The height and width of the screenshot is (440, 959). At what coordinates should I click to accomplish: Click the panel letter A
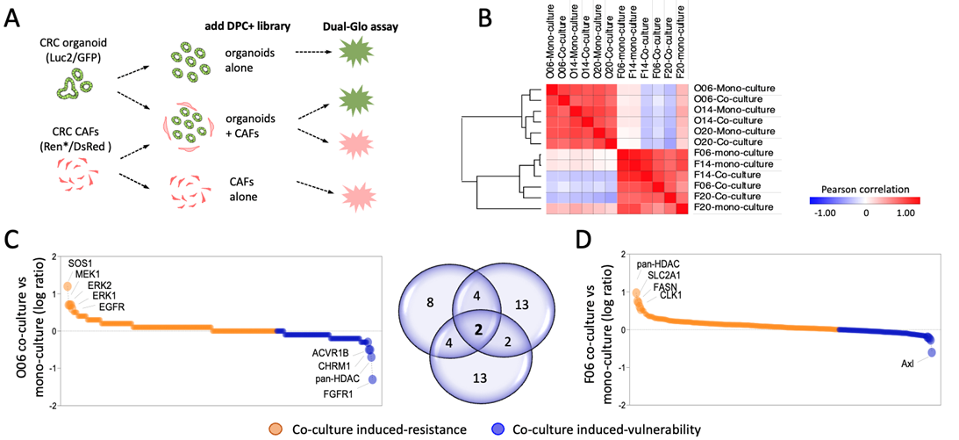[16, 17]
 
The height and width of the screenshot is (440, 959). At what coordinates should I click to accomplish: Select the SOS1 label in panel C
[83, 263]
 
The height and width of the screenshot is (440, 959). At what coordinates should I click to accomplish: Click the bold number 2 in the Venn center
[477, 329]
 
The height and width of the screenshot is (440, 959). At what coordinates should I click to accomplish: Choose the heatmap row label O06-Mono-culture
[733, 89]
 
